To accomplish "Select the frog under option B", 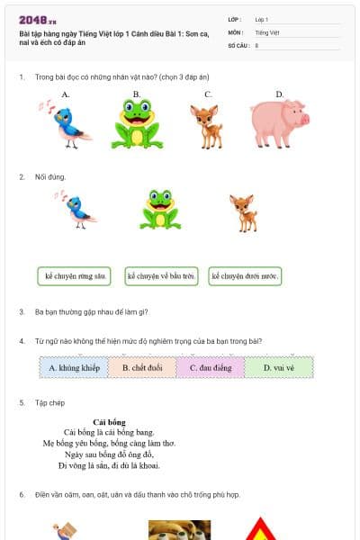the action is tap(137, 123).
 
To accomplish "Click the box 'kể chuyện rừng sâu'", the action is tap(75, 276).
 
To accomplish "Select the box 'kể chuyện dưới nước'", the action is tap(245, 276).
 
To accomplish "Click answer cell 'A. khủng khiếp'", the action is tap(74, 367).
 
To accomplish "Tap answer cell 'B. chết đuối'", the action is tap(142, 367).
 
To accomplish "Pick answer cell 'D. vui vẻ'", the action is tap(279, 367).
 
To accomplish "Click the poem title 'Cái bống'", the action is tap(109, 422).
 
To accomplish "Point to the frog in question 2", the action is tap(159, 210).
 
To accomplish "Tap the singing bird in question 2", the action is tap(79, 209).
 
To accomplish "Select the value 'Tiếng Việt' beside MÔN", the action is tap(267, 31).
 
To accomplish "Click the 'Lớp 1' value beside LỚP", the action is tap(262, 19).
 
